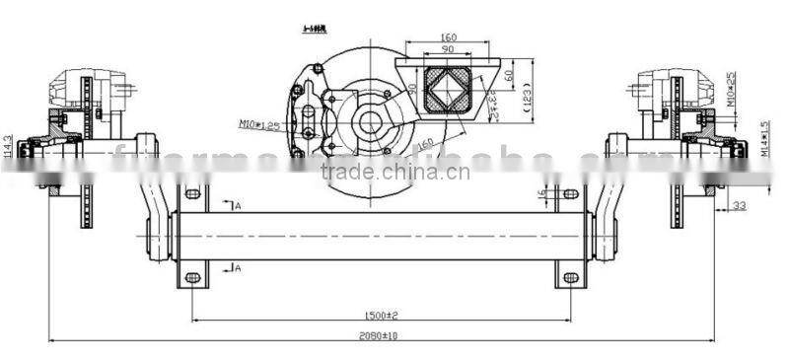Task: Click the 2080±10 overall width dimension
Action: pyautogui.click(x=380, y=335)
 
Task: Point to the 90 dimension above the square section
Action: pyautogui.click(x=446, y=49)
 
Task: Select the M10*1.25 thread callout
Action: pyautogui.click(x=258, y=124)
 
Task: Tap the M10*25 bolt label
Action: pyautogui.click(x=730, y=90)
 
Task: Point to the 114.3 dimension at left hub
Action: pyautogui.click(x=9, y=145)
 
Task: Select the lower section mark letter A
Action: pyautogui.click(x=237, y=267)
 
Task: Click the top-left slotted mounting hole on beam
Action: pyautogui.click(x=192, y=192)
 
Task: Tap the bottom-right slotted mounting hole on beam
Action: pyautogui.click(x=570, y=277)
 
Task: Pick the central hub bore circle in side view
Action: pyautogui.click(x=369, y=123)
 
